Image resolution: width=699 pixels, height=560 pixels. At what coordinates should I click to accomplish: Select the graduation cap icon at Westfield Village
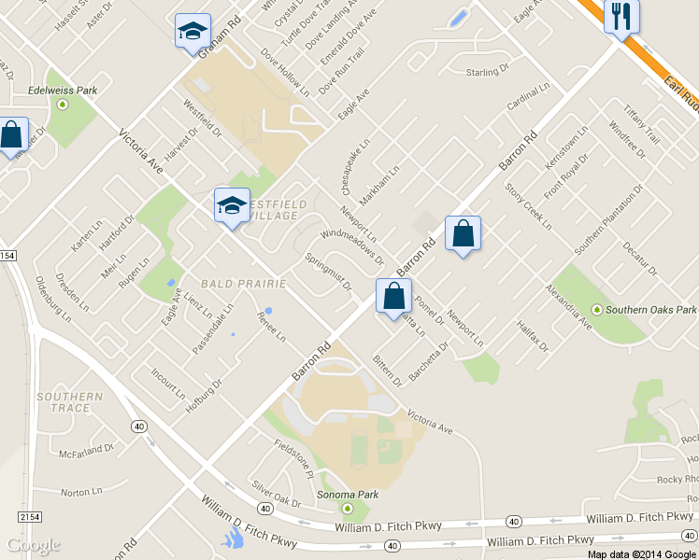pos(231,205)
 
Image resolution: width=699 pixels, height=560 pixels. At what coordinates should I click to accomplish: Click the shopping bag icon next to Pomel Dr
pos(393,296)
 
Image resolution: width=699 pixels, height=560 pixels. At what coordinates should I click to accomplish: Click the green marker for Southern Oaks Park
pos(596,310)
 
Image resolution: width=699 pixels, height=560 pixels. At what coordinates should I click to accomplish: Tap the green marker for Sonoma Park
pos(348,509)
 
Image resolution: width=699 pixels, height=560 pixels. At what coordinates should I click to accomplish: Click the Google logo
pos(33,545)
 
